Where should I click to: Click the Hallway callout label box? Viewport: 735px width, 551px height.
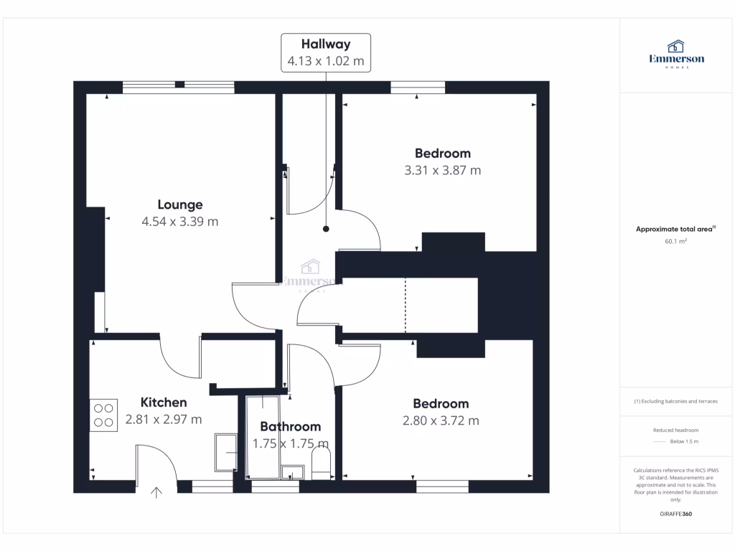(x=326, y=52)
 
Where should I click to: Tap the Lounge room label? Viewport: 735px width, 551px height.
(x=180, y=204)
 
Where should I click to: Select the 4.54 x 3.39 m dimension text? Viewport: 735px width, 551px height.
(x=180, y=222)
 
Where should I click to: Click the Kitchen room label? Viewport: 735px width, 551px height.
(x=164, y=402)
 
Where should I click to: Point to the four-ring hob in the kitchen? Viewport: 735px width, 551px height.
(x=103, y=415)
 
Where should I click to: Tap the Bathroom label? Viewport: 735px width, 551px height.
(x=290, y=427)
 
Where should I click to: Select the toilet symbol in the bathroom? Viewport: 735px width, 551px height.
(x=320, y=463)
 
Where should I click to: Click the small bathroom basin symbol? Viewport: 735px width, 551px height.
(x=292, y=473)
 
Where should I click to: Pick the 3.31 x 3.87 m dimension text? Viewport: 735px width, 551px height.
(x=442, y=171)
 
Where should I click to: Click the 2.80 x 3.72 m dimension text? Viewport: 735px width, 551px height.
(x=441, y=421)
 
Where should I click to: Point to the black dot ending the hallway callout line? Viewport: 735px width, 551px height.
(x=326, y=230)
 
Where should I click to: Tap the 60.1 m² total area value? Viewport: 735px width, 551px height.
(x=676, y=242)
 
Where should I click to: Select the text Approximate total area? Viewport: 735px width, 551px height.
(x=674, y=230)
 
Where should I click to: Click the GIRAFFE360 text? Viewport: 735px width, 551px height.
(x=676, y=514)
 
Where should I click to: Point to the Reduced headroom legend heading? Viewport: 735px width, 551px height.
(x=676, y=430)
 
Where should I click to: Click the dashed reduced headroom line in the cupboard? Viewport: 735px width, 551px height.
(x=406, y=306)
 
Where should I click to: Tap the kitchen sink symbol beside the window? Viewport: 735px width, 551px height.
(x=226, y=452)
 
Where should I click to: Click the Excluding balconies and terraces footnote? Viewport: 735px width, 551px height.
(x=676, y=401)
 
